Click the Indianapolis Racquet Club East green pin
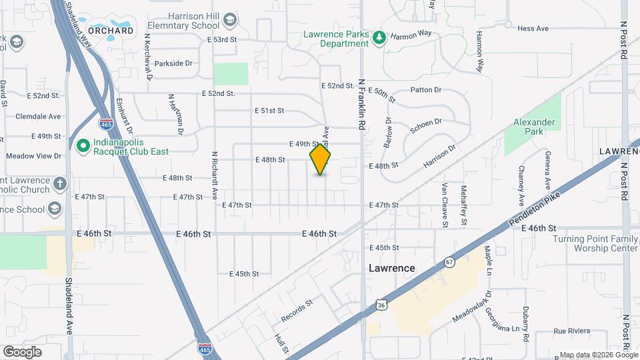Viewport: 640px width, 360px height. [83, 145]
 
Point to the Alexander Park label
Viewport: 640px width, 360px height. [534, 127]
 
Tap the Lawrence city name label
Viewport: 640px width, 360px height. [392, 268]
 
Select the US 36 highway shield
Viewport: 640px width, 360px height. [381, 305]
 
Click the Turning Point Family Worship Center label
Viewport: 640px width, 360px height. [595, 243]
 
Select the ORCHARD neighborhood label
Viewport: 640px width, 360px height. [111, 31]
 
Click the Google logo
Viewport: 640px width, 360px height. [22, 351]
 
